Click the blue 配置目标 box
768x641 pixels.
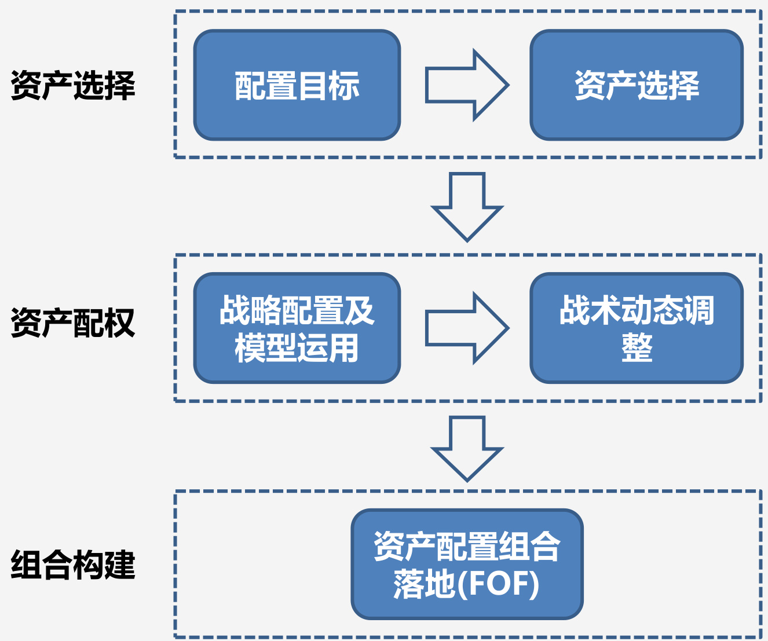[x=297, y=85]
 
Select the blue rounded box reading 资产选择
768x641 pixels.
[x=637, y=85]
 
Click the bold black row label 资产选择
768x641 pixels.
[x=73, y=86]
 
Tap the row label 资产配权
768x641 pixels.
[x=73, y=323]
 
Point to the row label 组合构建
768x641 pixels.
[x=73, y=565]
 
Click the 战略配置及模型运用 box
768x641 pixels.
[x=297, y=328]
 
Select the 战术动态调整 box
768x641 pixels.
[x=637, y=328]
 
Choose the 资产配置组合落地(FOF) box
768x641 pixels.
[x=467, y=564]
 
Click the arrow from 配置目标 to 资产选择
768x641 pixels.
[x=466, y=85]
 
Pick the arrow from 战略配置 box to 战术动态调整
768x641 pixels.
[x=466, y=328]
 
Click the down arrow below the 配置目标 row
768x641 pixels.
[x=467, y=206]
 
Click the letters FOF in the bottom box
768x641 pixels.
[x=498, y=584]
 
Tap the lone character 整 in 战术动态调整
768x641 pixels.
[x=637, y=348]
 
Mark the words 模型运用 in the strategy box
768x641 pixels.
[x=297, y=348]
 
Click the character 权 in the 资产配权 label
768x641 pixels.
[x=120, y=323]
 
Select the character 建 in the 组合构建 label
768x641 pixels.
[x=120, y=565]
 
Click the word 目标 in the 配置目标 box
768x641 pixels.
[x=328, y=86]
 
